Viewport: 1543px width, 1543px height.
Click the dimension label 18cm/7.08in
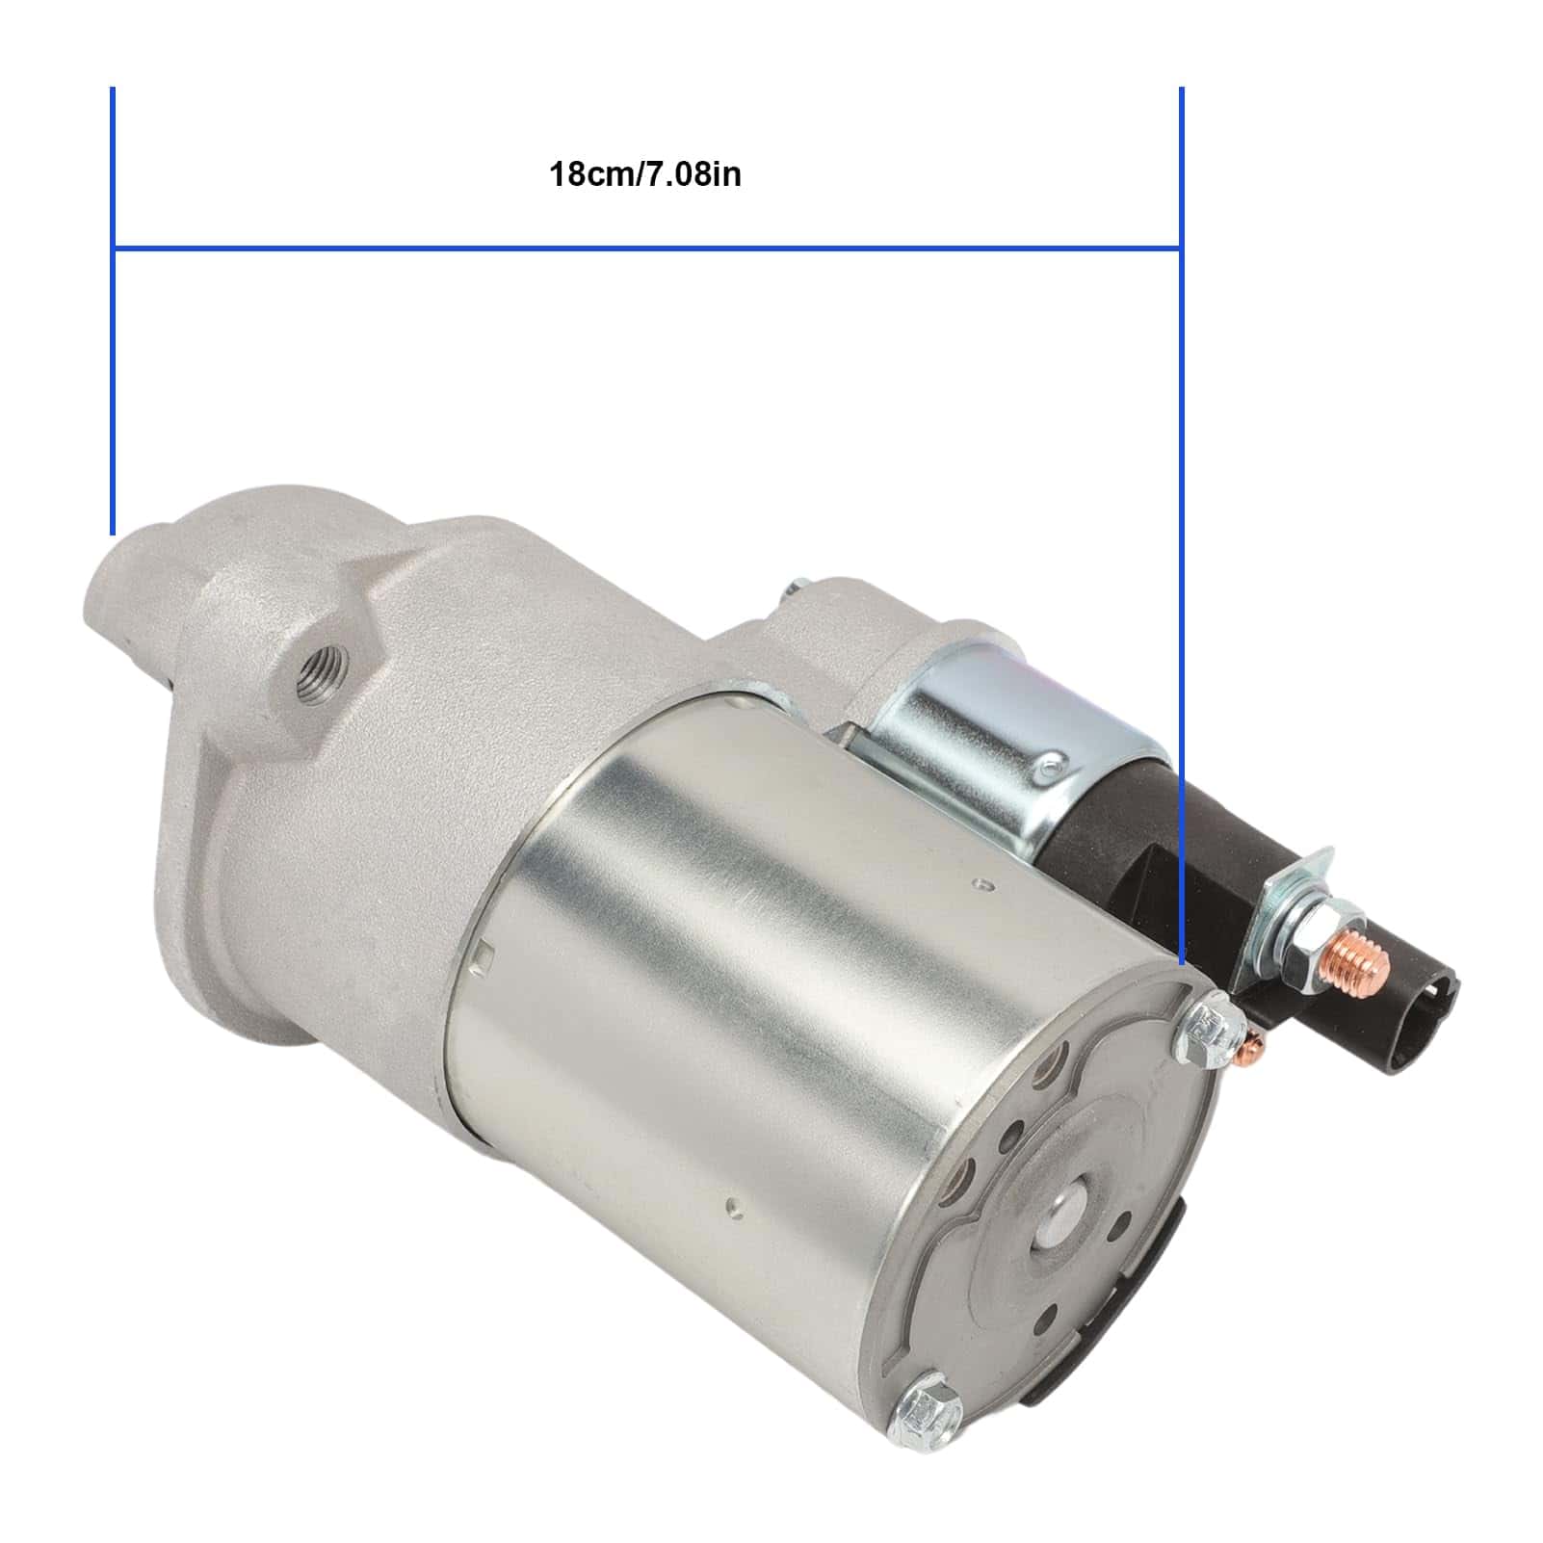pos(644,175)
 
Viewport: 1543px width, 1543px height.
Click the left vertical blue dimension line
pos(113,310)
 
